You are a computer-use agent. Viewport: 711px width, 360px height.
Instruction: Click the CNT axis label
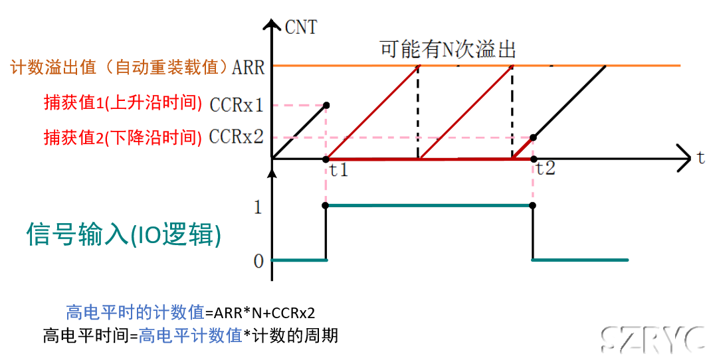click(x=300, y=27)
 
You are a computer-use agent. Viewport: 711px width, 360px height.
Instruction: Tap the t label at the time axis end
click(x=700, y=158)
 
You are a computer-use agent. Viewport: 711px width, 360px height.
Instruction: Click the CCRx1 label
click(x=236, y=105)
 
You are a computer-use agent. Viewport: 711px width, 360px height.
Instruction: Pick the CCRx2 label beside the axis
click(x=236, y=137)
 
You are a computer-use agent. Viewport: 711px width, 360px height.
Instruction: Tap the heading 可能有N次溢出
click(x=448, y=49)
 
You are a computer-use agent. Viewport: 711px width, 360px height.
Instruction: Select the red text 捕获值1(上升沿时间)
click(x=122, y=103)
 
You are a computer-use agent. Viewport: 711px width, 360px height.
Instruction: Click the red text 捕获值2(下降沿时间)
click(x=122, y=137)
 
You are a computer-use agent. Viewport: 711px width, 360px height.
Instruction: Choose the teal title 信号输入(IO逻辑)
click(x=124, y=235)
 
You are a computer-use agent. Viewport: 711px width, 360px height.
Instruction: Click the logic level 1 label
click(x=258, y=208)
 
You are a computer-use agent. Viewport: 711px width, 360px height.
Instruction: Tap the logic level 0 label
click(x=258, y=261)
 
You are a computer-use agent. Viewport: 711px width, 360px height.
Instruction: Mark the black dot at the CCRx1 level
click(x=326, y=105)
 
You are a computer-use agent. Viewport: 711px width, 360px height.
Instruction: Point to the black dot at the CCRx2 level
click(x=533, y=137)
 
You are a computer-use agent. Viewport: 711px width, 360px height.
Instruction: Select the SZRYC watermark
click(x=653, y=339)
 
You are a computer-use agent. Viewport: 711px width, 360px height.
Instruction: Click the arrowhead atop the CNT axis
click(x=272, y=25)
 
